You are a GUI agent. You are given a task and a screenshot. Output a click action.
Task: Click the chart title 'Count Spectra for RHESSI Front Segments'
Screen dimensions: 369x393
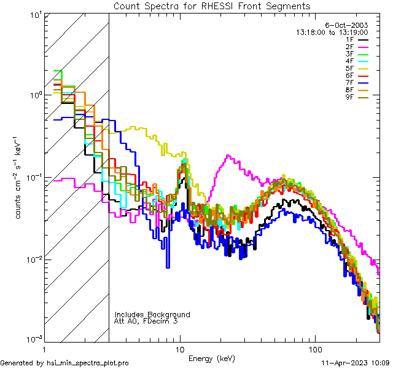tap(212, 6)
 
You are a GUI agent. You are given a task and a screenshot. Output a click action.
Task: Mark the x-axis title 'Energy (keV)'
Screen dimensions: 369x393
tap(212, 359)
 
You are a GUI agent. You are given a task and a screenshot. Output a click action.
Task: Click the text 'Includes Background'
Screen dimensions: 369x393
tap(152, 315)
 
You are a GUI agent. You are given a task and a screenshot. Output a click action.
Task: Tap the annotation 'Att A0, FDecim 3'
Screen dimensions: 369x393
tap(146, 322)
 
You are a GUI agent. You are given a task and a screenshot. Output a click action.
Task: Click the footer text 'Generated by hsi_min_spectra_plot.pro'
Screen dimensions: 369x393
tap(64, 363)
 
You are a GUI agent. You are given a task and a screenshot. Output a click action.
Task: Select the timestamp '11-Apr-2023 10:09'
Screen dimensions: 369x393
tap(356, 363)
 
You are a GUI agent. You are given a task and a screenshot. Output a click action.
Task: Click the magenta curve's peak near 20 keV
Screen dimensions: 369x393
tap(228, 156)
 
